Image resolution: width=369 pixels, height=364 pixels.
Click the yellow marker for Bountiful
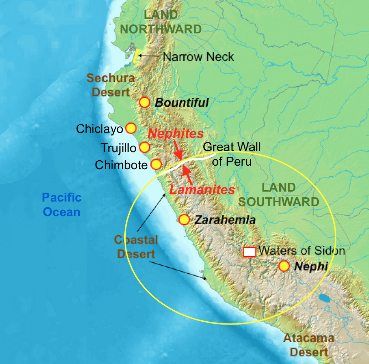click(144, 102)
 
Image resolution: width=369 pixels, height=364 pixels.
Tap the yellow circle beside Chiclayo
click(131, 128)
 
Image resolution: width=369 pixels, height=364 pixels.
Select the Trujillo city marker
click(144, 147)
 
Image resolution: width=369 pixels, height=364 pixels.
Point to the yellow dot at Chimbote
click(156, 164)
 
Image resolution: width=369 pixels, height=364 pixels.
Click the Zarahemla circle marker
click(184, 220)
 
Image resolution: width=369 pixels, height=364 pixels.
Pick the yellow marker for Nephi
click(284, 266)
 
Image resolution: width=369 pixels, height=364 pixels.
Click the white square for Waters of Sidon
click(249, 252)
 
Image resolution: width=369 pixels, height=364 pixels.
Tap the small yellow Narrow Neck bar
click(136, 57)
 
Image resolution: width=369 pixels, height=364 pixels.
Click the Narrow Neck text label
click(198, 57)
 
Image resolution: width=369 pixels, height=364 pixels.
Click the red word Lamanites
click(202, 189)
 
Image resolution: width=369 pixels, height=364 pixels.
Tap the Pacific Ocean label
click(62, 205)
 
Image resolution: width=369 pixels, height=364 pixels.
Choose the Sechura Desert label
click(111, 85)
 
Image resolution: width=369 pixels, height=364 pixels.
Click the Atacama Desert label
click(308, 345)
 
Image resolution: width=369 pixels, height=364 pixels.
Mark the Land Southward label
click(279, 195)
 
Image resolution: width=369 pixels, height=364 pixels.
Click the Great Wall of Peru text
click(232, 154)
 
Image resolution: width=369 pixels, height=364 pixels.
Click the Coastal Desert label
click(136, 247)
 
